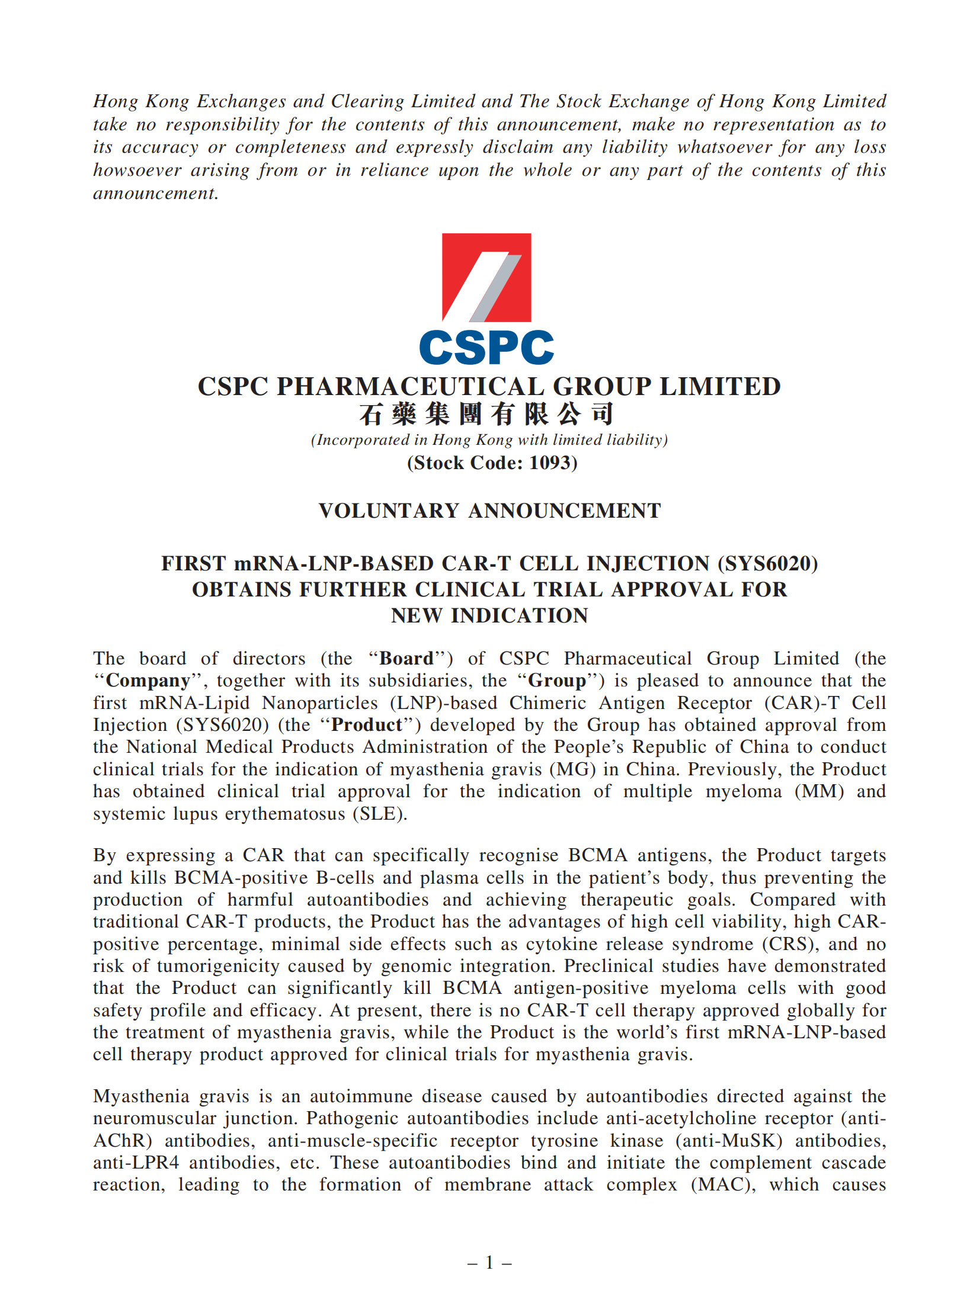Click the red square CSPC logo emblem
[486, 277]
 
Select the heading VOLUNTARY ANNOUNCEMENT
[489, 511]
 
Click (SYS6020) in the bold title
[767, 563]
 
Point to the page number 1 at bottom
[489, 1263]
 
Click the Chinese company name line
[486, 414]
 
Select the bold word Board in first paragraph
[406, 659]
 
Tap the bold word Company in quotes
[148, 681]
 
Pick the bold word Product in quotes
[367, 725]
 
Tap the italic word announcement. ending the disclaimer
[156, 193]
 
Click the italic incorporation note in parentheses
[489, 440]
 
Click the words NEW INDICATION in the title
[489, 615]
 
